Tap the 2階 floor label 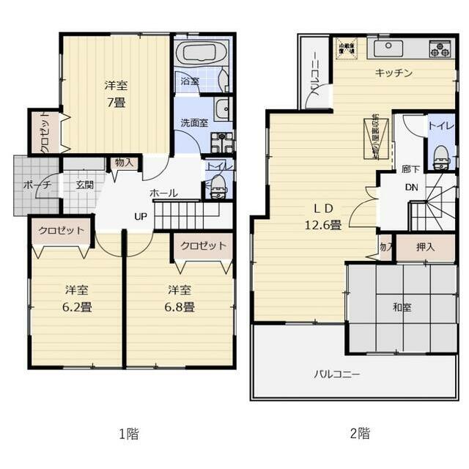point(359,433)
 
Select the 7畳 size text point(116,103)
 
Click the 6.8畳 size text point(180,307)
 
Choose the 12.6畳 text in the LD point(323,225)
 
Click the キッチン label point(394,73)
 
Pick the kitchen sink point(388,48)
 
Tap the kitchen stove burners point(440,48)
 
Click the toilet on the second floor point(440,157)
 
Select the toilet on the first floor point(218,188)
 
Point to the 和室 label point(402,307)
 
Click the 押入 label point(425,247)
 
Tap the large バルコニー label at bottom point(337,374)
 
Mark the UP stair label point(140,216)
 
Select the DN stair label point(412,188)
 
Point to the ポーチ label point(37,185)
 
